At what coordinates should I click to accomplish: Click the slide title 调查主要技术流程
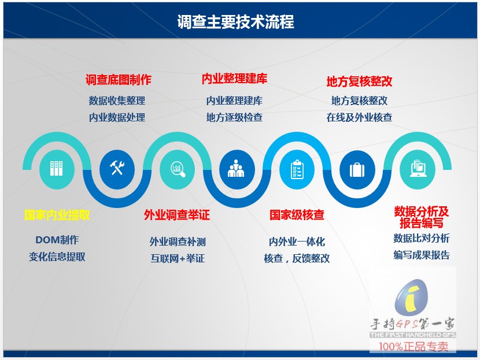(235, 22)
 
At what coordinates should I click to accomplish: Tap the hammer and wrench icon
(117, 168)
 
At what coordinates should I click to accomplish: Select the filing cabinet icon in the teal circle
(56, 169)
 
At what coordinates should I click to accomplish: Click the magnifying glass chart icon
(178, 169)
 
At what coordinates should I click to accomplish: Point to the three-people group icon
(236, 169)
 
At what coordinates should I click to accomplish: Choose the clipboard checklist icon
(297, 169)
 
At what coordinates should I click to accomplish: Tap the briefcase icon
(357, 170)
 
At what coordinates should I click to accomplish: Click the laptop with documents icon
(419, 169)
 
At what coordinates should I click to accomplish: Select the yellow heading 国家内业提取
(57, 215)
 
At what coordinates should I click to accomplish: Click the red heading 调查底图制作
(119, 80)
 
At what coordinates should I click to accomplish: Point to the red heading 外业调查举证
(177, 215)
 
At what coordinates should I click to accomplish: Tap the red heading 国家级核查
(297, 215)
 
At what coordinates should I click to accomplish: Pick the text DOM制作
(57, 240)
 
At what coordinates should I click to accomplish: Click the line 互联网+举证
(178, 258)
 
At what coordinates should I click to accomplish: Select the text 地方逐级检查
(234, 117)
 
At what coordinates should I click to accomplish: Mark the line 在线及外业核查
(359, 117)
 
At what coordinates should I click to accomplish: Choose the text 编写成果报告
(422, 255)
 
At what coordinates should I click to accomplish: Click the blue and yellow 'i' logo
(411, 297)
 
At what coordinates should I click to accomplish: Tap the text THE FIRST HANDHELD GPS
(413, 335)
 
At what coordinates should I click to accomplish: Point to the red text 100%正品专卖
(413, 347)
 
